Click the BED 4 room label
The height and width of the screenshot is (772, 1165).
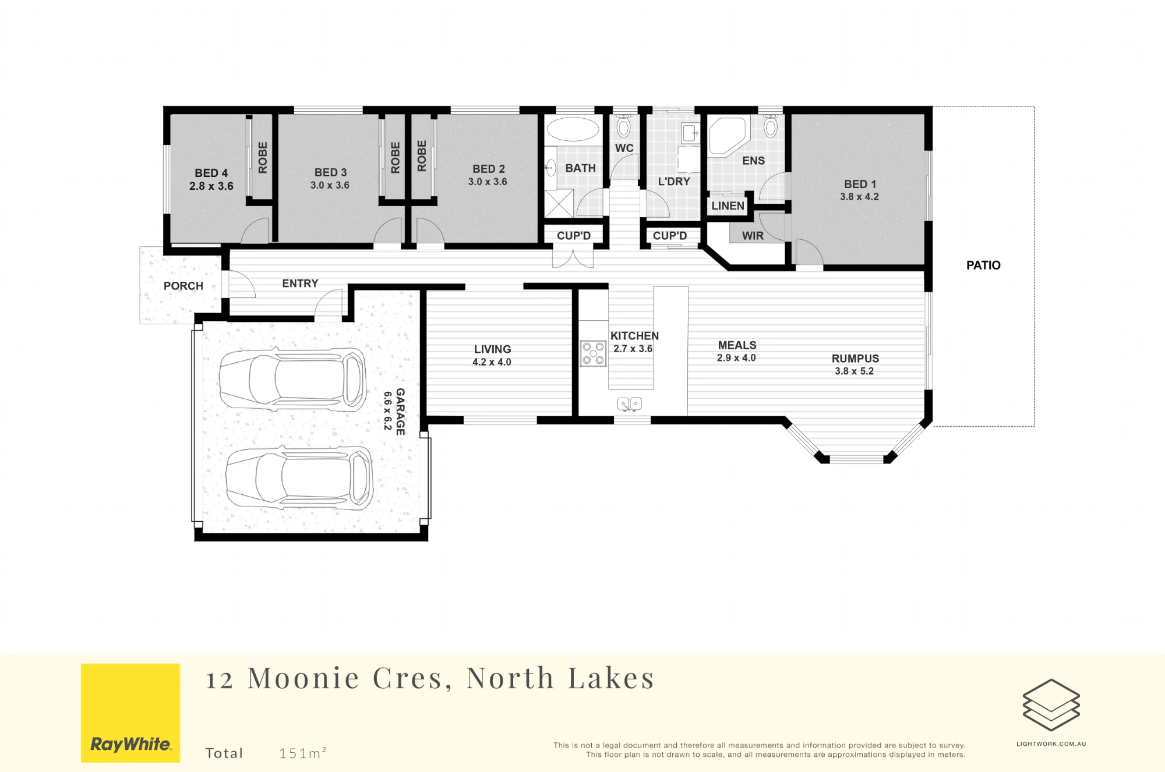(x=211, y=173)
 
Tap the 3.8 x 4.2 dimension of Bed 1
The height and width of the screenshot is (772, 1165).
(x=859, y=197)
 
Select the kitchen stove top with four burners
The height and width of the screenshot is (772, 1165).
(x=593, y=353)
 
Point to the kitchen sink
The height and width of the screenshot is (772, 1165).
(x=629, y=403)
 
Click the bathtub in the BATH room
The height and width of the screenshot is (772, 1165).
(x=573, y=129)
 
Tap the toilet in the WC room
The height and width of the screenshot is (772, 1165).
(x=623, y=125)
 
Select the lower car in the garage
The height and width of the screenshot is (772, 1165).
(x=299, y=477)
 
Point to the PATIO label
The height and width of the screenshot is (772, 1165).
(x=983, y=265)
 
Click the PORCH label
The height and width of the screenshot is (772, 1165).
(x=183, y=286)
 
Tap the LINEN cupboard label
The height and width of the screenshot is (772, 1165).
(x=728, y=206)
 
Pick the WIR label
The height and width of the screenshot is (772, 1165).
(x=753, y=236)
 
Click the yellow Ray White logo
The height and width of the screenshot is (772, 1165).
(x=130, y=713)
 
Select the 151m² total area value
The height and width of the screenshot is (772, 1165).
(x=302, y=753)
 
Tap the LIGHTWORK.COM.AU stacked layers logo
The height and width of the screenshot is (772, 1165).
(x=1051, y=704)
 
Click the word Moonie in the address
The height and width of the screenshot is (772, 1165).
(x=303, y=678)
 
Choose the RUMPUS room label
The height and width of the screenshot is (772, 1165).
(x=855, y=359)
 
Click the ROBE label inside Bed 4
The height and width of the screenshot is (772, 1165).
(x=263, y=157)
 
